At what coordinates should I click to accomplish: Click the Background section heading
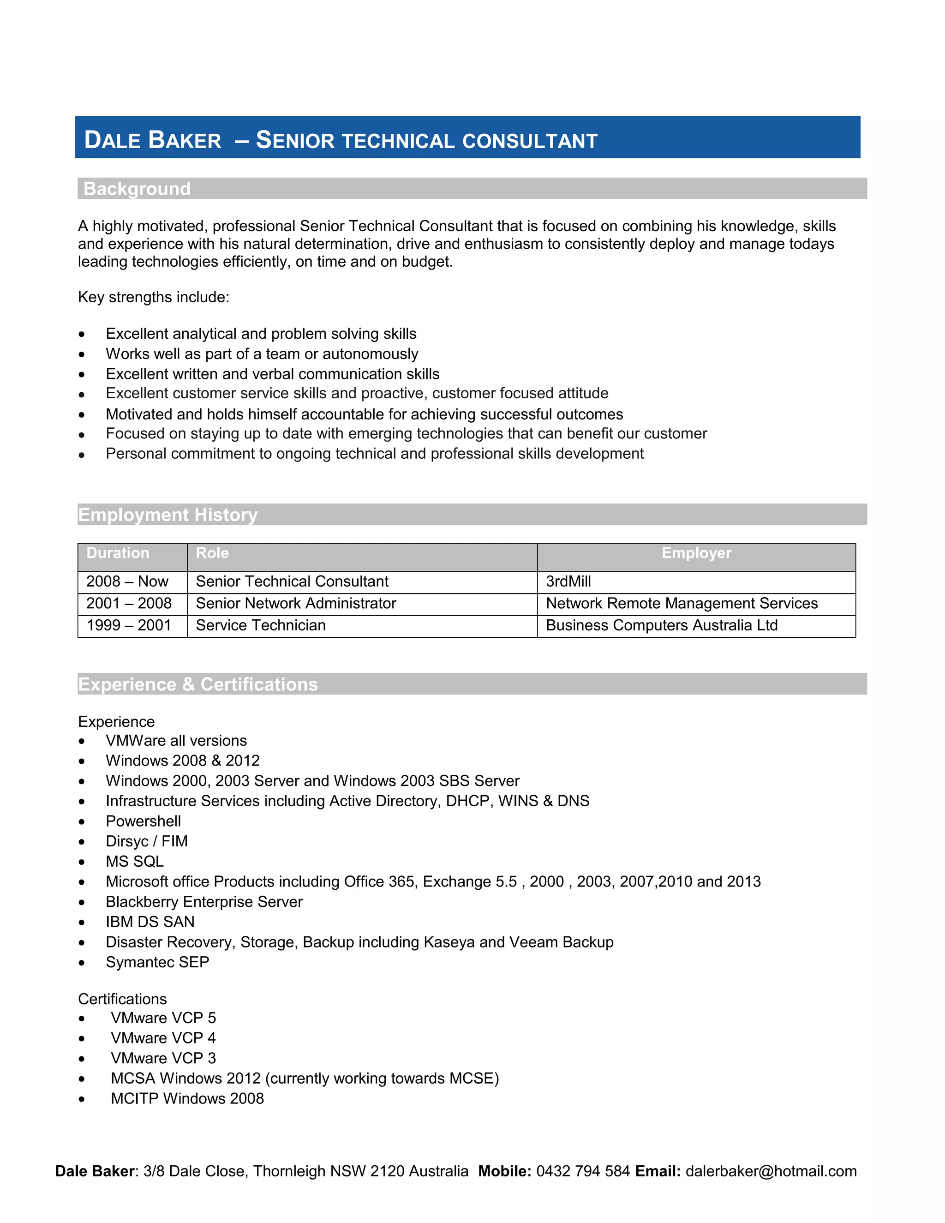(x=137, y=189)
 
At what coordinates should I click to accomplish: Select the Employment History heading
(x=167, y=515)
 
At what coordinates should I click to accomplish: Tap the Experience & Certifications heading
(x=197, y=684)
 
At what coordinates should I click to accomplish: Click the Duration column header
(x=118, y=553)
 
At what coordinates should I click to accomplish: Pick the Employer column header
(x=696, y=553)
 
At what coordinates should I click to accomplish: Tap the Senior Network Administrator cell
(x=296, y=604)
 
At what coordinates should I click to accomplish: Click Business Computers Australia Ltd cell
(x=661, y=625)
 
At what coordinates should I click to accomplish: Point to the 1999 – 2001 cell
(x=129, y=625)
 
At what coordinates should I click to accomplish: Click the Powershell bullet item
(x=144, y=821)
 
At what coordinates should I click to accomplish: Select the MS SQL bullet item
(x=134, y=862)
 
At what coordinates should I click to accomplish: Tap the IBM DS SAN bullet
(x=150, y=922)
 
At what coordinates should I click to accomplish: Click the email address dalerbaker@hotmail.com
(x=771, y=1171)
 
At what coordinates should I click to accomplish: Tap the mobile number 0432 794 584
(x=583, y=1171)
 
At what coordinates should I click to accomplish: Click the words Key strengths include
(x=153, y=297)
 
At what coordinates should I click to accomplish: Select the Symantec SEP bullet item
(x=157, y=963)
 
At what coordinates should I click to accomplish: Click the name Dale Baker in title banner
(x=153, y=140)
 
